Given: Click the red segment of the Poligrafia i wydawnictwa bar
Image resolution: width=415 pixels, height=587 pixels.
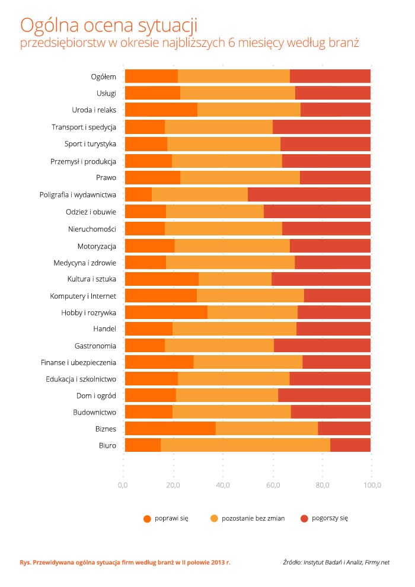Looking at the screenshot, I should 309,194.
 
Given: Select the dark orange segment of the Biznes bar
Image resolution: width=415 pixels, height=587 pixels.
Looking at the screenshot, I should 170,428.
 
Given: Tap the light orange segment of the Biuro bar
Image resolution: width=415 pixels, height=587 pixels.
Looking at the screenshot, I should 245,445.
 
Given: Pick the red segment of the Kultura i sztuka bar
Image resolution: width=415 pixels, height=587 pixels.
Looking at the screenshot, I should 321,279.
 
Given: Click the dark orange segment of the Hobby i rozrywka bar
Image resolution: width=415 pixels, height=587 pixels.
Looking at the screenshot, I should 166,312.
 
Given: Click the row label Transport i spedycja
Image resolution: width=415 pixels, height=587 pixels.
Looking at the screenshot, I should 84,127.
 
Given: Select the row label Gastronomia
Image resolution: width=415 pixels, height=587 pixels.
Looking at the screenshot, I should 95,346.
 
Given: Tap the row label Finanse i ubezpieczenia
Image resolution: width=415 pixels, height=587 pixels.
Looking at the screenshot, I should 78,362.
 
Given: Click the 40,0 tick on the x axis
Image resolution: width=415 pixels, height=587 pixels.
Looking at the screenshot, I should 223,485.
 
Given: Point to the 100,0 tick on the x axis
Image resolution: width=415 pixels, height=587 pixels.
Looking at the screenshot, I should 372,485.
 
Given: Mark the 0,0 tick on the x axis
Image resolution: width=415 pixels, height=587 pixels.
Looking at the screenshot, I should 123,485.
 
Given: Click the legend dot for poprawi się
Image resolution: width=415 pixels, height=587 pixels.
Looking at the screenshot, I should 147,518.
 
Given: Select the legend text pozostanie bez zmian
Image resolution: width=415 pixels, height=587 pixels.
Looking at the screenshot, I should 253,518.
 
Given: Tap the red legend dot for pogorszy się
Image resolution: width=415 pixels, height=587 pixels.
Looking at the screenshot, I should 305,518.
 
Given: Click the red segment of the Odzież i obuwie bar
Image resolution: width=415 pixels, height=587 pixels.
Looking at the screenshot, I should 317,211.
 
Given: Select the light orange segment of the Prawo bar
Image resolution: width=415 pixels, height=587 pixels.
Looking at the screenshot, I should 240,177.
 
